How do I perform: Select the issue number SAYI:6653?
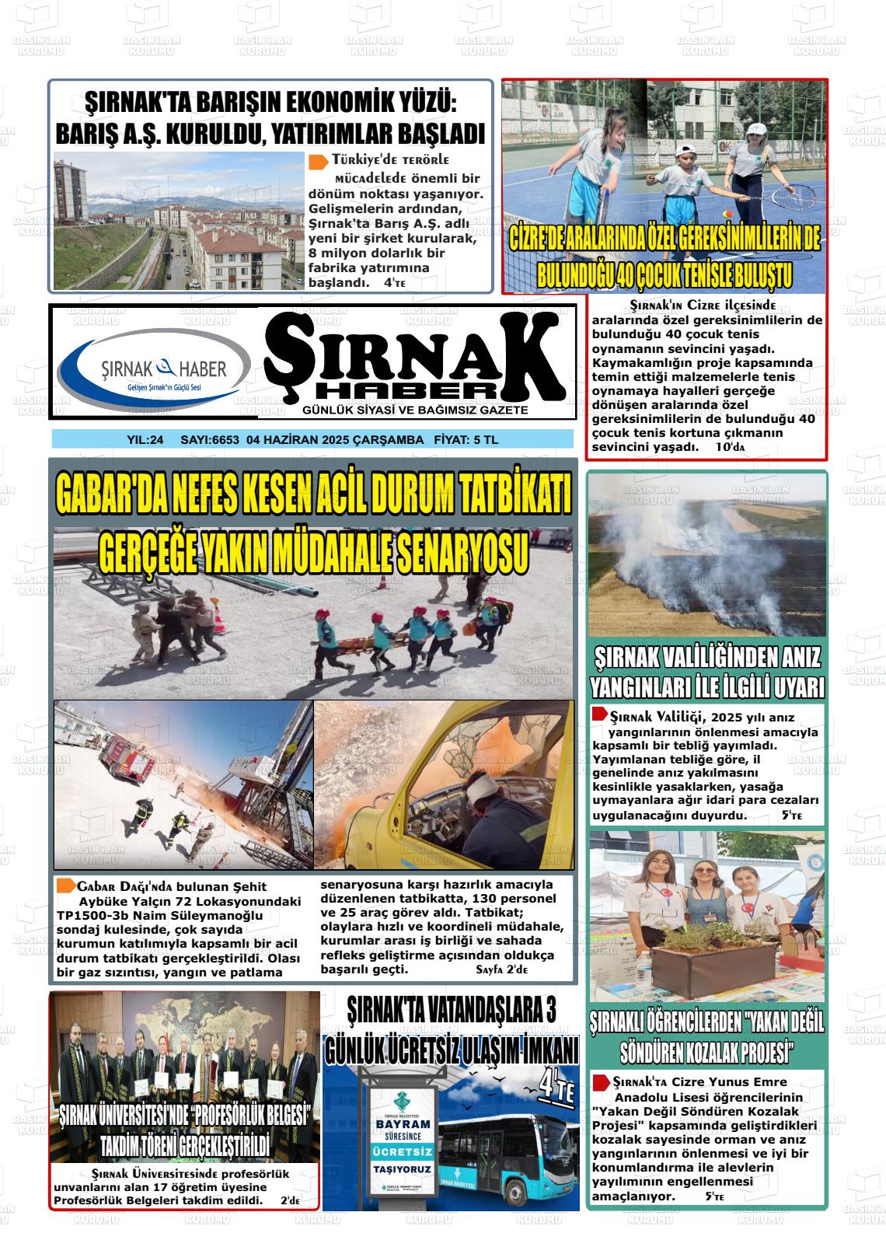coord(209,440)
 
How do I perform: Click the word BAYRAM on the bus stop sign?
coord(403,1124)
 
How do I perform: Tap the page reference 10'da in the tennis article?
coord(730,447)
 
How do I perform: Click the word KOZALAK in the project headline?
coord(718,1053)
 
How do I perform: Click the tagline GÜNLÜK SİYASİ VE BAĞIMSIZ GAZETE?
coord(416,410)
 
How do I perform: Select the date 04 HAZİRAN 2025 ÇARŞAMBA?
coord(334,440)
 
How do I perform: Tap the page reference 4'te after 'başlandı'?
coord(395,284)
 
